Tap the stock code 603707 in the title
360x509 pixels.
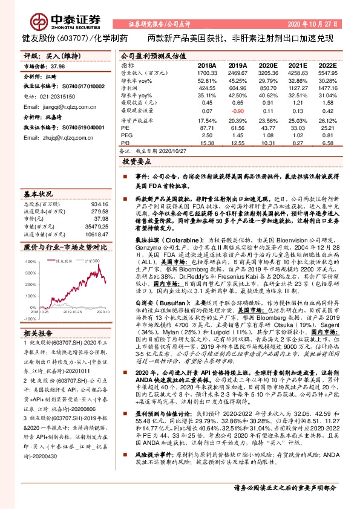(75, 38)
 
